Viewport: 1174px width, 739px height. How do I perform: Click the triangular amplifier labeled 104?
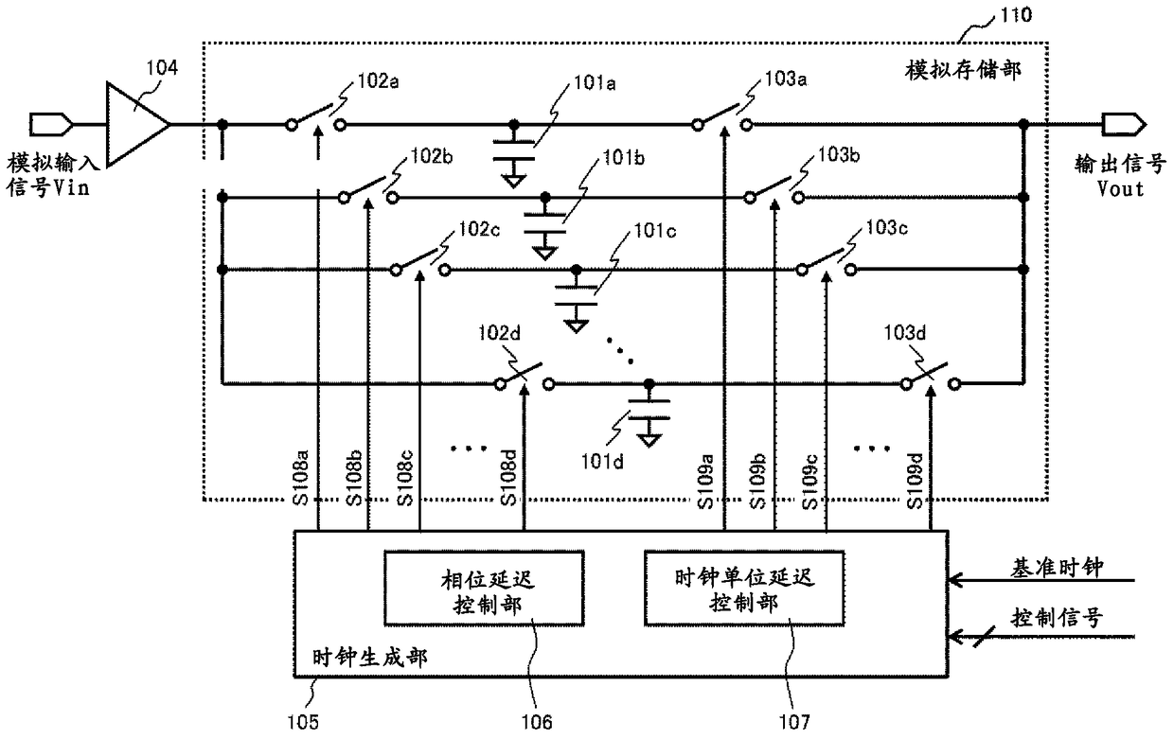click(137, 125)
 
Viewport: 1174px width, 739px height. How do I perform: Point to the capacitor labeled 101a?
click(513, 150)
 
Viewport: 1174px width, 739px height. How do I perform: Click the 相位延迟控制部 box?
click(485, 589)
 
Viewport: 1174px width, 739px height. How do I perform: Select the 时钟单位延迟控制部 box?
click(744, 589)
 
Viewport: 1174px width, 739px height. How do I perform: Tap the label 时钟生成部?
click(369, 658)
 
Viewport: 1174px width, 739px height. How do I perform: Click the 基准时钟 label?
click(1057, 568)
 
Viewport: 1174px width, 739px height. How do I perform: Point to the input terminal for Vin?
click(50, 125)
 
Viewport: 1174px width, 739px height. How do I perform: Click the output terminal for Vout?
click(1124, 125)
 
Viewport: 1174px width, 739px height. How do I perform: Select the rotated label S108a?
click(301, 478)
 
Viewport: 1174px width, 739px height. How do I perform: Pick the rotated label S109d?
click(915, 481)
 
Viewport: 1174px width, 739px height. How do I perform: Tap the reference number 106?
click(537, 723)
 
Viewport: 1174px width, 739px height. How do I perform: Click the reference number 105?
click(303, 723)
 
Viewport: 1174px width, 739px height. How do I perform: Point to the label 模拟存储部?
click(963, 70)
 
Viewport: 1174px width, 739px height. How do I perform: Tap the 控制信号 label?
click(1057, 618)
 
